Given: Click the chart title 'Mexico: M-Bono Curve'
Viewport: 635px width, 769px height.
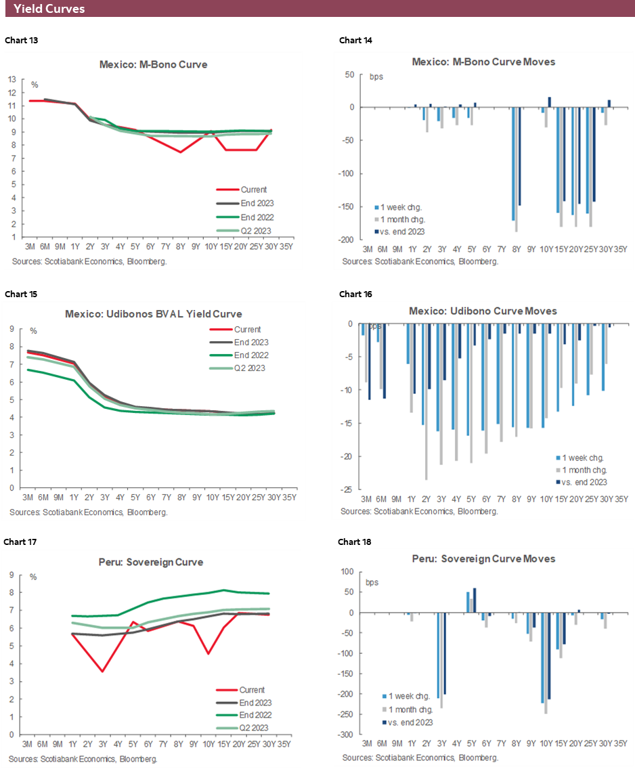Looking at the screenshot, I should point(154,65).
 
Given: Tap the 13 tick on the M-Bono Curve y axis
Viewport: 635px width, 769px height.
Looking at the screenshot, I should point(12,79).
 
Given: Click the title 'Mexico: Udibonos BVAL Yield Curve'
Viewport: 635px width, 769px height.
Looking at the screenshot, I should point(153,314).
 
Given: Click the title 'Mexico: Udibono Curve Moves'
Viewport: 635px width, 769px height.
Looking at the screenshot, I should point(483,311).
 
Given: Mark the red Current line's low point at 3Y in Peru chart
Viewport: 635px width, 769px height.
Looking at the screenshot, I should point(102,672).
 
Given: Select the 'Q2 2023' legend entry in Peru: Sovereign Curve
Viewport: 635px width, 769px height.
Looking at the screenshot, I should point(252,728).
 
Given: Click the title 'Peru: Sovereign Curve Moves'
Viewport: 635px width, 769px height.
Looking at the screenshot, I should point(483,558).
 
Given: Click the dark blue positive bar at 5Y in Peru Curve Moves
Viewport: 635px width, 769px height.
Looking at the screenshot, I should point(475,600).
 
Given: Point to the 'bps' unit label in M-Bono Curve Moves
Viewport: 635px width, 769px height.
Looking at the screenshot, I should point(376,76).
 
